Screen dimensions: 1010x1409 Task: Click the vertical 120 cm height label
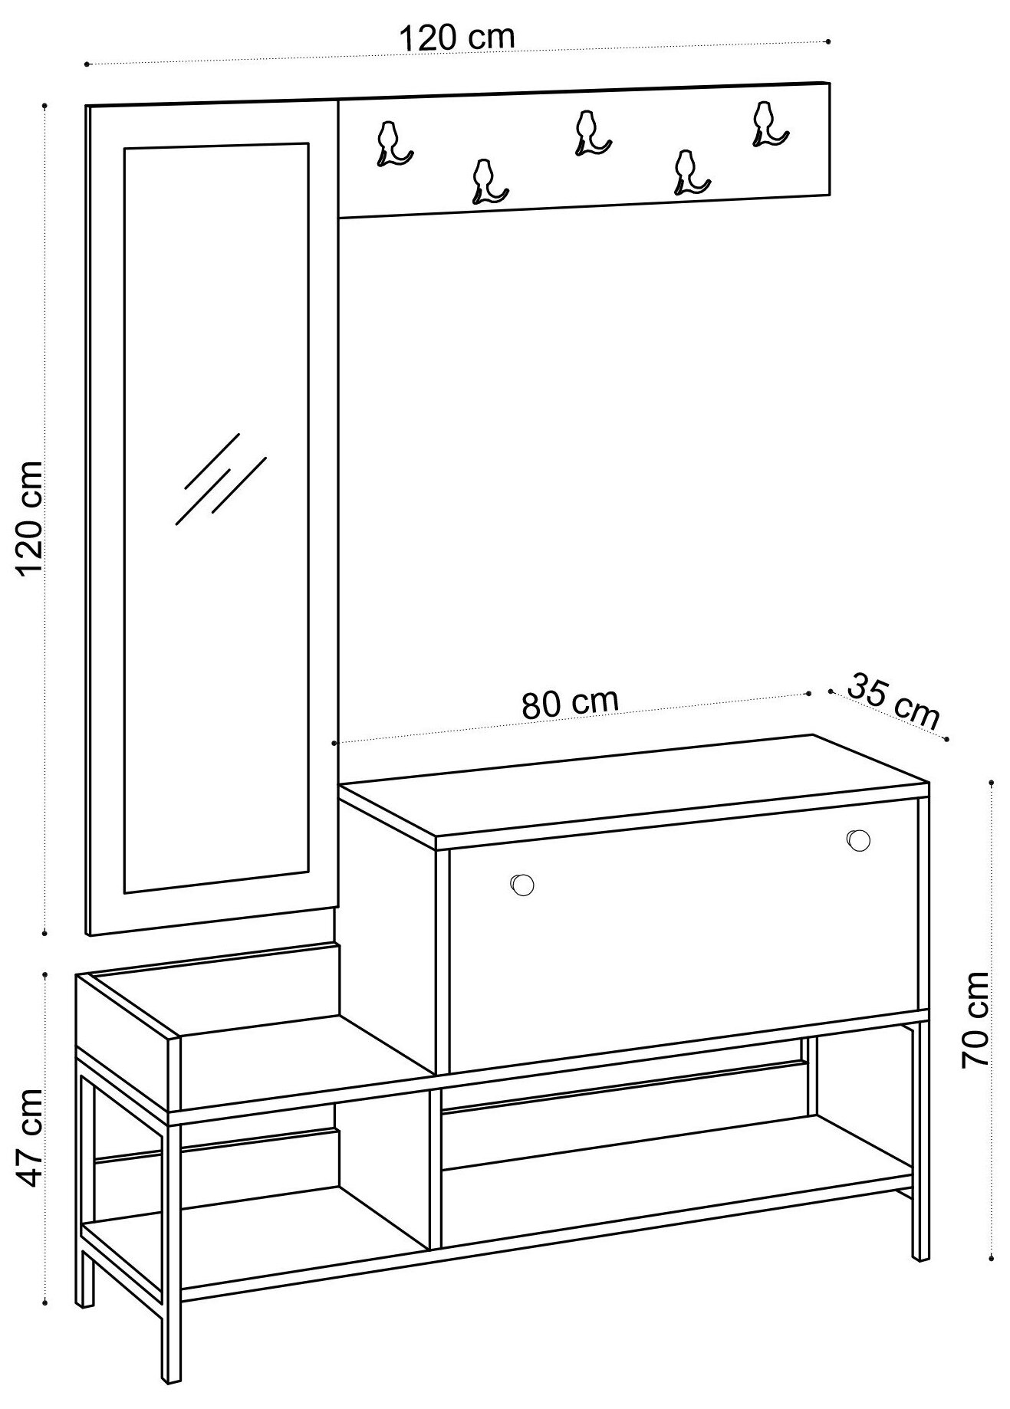pyautogui.click(x=31, y=518)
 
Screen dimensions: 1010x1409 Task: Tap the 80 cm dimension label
pyautogui.click(x=570, y=703)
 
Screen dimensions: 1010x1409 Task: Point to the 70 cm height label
pyautogui.click(x=975, y=1020)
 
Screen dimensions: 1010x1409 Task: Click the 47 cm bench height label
pyautogui.click(x=31, y=1138)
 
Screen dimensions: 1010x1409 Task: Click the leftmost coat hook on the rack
pyautogui.click(x=393, y=144)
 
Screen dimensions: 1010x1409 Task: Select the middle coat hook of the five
pyautogui.click(x=591, y=132)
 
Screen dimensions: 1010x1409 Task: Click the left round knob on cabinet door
pyautogui.click(x=522, y=884)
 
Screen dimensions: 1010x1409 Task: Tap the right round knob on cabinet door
pyautogui.click(x=859, y=839)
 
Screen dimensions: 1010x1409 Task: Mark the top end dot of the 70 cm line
pyautogui.click(x=992, y=783)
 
